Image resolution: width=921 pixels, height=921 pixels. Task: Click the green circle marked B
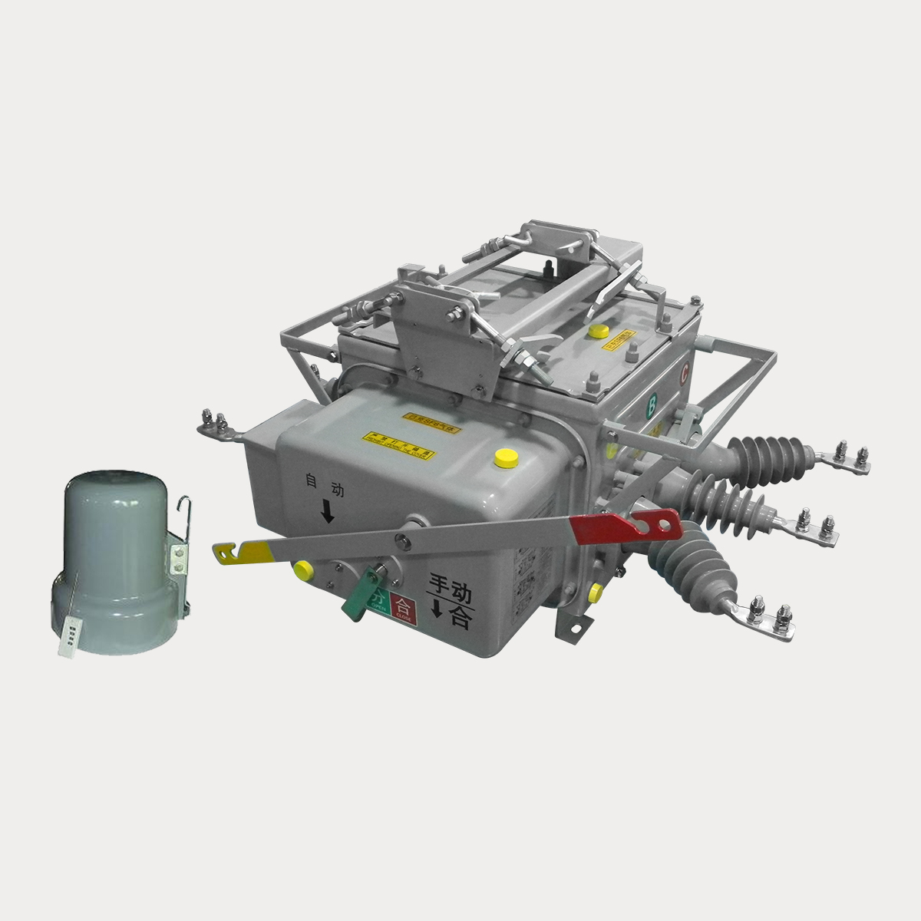[x=652, y=402]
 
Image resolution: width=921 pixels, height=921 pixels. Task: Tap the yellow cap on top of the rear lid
[x=598, y=332]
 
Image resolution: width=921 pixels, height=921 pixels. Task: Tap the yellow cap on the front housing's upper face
[x=504, y=457]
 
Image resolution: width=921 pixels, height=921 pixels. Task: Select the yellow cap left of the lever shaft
[x=302, y=569]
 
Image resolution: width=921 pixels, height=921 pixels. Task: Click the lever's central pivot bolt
[x=401, y=535]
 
